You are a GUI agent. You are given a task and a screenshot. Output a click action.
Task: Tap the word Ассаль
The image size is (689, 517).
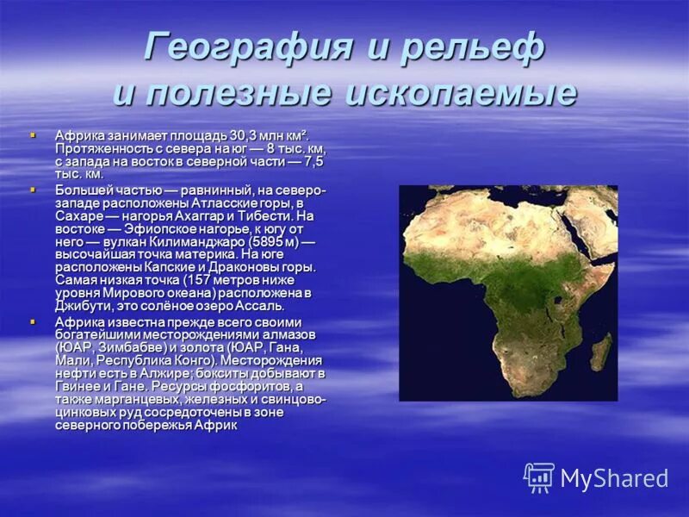tap(264, 306)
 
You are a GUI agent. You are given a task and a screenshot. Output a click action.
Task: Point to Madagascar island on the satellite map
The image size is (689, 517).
tap(600, 351)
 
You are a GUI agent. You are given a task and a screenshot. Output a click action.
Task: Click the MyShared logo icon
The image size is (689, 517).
tap(539, 477)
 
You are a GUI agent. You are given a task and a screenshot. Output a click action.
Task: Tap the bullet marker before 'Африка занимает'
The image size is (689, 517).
tap(34, 135)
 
